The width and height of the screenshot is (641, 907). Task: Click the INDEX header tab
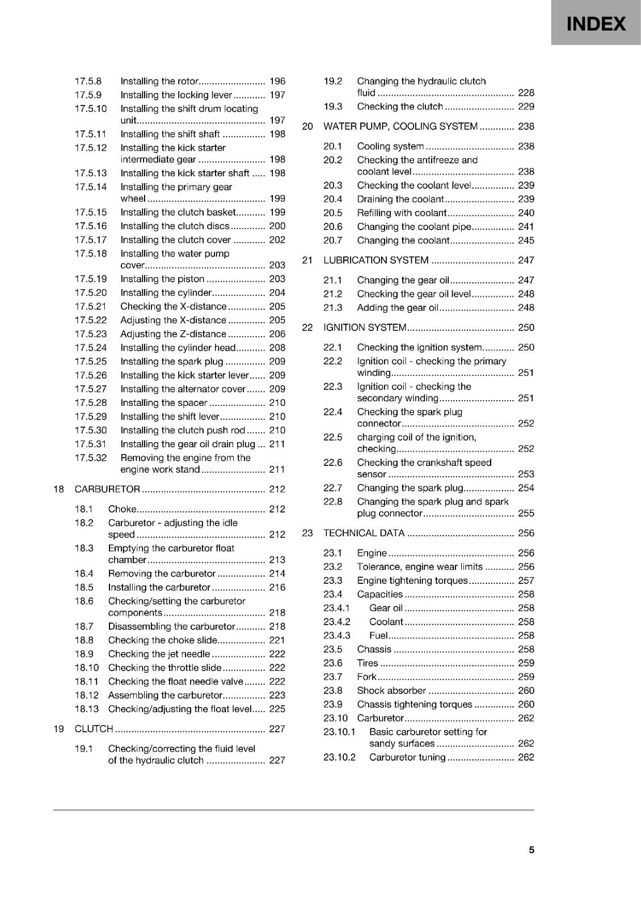(x=596, y=24)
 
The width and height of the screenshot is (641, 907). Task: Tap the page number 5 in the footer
(x=532, y=850)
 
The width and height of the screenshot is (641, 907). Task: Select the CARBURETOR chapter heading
(x=107, y=489)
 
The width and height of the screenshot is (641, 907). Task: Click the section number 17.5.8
(x=88, y=81)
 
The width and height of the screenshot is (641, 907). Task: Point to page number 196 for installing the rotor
(x=277, y=81)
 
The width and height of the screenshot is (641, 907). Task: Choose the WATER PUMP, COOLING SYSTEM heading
(x=400, y=126)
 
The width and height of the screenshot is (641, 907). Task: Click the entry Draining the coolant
(x=400, y=199)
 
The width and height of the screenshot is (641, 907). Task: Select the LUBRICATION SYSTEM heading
(x=376, y=260)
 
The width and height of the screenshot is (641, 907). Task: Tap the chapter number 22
(x=307, y=328)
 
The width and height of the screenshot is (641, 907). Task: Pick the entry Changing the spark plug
(x=410, y=488)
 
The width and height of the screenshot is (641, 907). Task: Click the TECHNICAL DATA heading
(x=364, y=533)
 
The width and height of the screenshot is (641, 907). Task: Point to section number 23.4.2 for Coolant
(x=337, y=622)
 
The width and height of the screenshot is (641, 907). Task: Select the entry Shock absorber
(x=391, y=690)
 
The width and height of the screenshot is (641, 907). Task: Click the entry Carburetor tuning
(x=407, y=757)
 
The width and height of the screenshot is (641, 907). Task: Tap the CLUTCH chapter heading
(x=94, y=729)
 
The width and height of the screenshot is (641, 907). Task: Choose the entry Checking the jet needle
(x=159, y=654)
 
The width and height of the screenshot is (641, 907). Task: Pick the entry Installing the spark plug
(x=172, y=362)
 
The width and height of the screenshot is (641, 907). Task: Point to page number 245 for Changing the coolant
(x=526, y=240)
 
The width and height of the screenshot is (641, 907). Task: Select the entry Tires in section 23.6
(x=368, y=663)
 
